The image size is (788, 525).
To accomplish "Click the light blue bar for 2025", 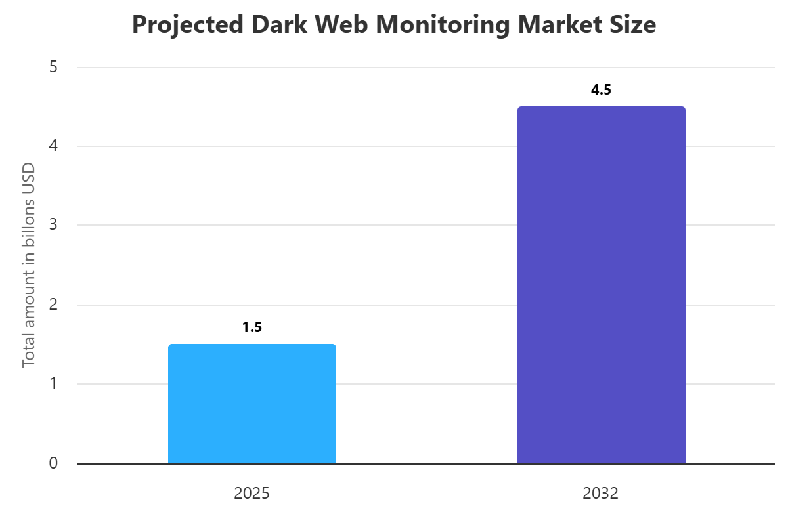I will coord(252,404).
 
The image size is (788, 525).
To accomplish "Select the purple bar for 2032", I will coord(601,285).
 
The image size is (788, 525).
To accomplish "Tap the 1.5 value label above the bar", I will coord(252,327).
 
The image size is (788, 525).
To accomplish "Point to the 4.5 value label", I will coord(601,90).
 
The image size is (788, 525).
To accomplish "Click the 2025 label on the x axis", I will coord(252,493).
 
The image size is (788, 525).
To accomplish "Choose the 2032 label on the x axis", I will coord(601,493).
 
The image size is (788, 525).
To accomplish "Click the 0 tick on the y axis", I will coord(53,463).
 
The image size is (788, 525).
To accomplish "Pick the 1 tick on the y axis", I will coord(53,384).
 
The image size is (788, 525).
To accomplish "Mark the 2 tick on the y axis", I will coord(53,304).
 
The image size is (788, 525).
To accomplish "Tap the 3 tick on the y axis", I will coord(53,225).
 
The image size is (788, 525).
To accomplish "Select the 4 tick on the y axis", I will coord(53,146).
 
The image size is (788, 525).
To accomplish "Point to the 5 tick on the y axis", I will coord(53,67).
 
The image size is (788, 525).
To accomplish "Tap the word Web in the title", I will coord(336,25).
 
